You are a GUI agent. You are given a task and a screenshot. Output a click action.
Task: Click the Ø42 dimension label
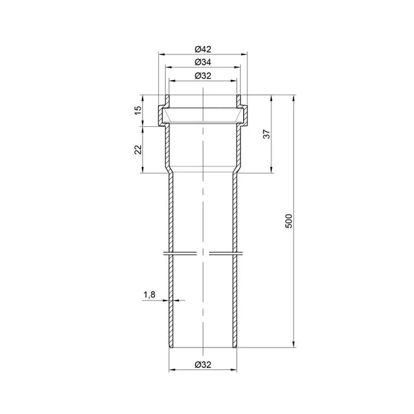point(203,49)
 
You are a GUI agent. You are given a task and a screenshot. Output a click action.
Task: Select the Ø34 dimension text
point(203,62)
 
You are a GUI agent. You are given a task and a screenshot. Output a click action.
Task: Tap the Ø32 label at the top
point(203,76)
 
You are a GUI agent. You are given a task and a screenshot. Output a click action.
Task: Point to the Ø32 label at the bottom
point(203,365)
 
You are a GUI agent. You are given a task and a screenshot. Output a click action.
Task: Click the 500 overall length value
point(289,221)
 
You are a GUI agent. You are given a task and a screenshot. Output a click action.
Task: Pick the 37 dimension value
point(267,134)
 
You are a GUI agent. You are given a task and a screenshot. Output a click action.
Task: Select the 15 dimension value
point(139,110)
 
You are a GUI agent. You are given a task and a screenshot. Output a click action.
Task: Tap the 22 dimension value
point(139,149)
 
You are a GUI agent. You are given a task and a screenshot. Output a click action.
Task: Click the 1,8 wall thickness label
point(149,294)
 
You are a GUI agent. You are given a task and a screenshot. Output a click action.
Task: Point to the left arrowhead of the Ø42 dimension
point(161,55)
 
